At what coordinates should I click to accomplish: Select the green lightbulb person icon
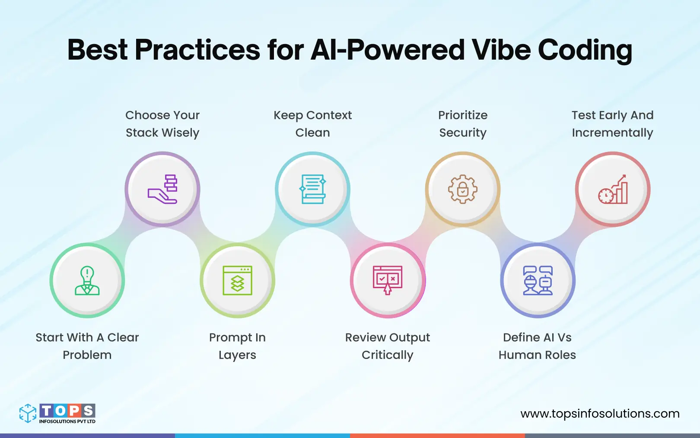click(x=87, y=280)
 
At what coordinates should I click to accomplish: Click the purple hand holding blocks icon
click(x=162, y=189)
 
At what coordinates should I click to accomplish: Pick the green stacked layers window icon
click(x=237, y=280)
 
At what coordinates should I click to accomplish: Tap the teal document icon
click(x=312, y=189)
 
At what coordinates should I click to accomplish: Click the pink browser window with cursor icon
click(x=388, y=280)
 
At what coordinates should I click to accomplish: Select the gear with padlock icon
click(x=463, y=189)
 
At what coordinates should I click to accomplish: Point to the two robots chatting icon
click(x=538, y=280)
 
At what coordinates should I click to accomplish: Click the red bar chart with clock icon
click(x=613, y=189)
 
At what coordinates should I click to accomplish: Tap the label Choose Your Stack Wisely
click(x=162, y=124)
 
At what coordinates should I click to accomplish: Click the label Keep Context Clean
click(x=312, y=124)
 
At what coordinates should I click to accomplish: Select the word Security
click(x=463, y=133)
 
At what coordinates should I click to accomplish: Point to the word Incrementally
click(x=612, y=133)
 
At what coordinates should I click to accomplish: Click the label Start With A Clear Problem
click(x=87, y=346)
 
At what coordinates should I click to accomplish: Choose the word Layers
click(x=237, y=355)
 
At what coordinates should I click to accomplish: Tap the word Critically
click(x=388, y=355)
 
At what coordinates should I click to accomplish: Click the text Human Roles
click(x=537, y=355)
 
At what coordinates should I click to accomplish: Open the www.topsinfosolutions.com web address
click(x=600, y=414)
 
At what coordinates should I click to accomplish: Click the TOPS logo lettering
click(x=67, y=410)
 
